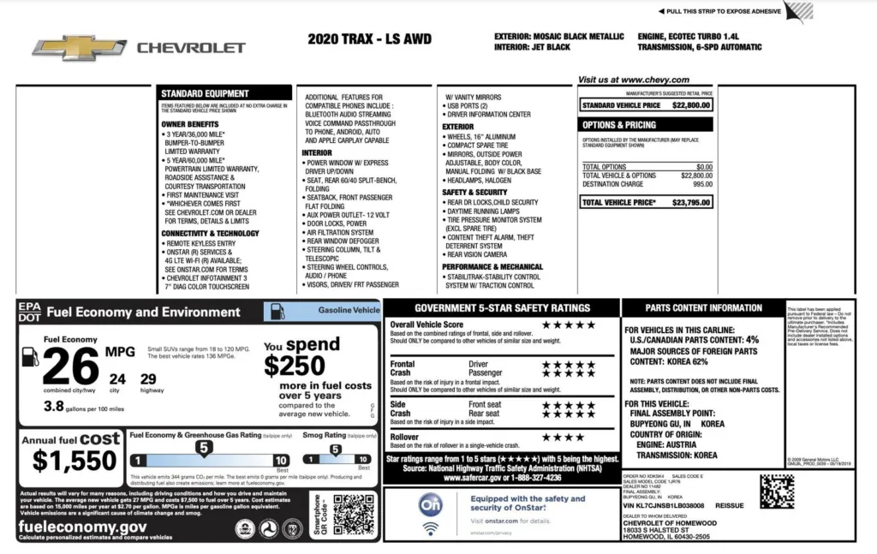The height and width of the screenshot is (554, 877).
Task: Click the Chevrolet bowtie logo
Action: click(x=80, y=48)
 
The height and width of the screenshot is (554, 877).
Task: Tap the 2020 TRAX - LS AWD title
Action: click(x=369, y=39)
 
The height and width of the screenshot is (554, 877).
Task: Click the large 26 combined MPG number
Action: click(x=71, y=367)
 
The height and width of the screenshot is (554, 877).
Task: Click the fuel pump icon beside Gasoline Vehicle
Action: click(x=277, y=312)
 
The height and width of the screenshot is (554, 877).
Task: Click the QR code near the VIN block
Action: click(x=776, y=491)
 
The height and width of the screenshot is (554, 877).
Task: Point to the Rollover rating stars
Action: click(x=562, y=437)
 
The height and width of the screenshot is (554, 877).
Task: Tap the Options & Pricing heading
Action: click(x=619, y=125)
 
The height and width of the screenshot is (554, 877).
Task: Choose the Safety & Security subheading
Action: click(x=475, y=193)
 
